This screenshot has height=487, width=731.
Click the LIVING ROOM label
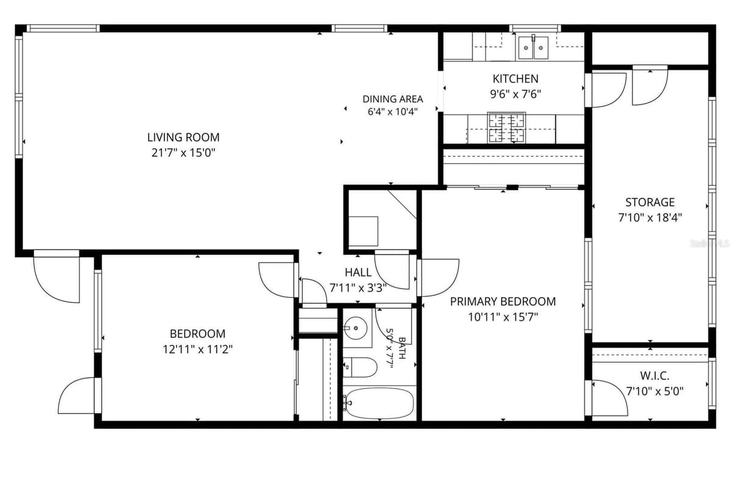(x=183, y=138)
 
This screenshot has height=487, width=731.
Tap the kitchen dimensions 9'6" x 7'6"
(x=515, y=94)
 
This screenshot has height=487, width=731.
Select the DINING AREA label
(x=392, y=99)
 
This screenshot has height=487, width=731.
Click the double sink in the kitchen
(x=533, y=47)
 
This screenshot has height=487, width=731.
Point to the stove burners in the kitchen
(x=506, y=128)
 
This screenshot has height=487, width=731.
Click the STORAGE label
(x=650, y=202)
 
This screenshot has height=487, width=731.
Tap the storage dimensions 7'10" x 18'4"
(x=650, y=217)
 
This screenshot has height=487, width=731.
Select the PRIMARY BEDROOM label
(x=503, y=301)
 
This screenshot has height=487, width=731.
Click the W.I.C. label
(x=655, y=376)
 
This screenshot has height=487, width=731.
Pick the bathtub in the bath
(x=380, y=403)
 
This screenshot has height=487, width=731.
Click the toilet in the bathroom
(x=360, y=367)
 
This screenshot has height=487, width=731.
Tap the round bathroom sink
(x=355, y=328)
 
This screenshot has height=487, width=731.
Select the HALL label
(x=358, y=272)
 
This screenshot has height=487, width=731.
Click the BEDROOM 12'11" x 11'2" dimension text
(x=197, y=349)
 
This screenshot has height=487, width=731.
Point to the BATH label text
(x=402, y=348)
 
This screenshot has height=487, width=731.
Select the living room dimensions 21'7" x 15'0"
(x=183, y=153)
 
